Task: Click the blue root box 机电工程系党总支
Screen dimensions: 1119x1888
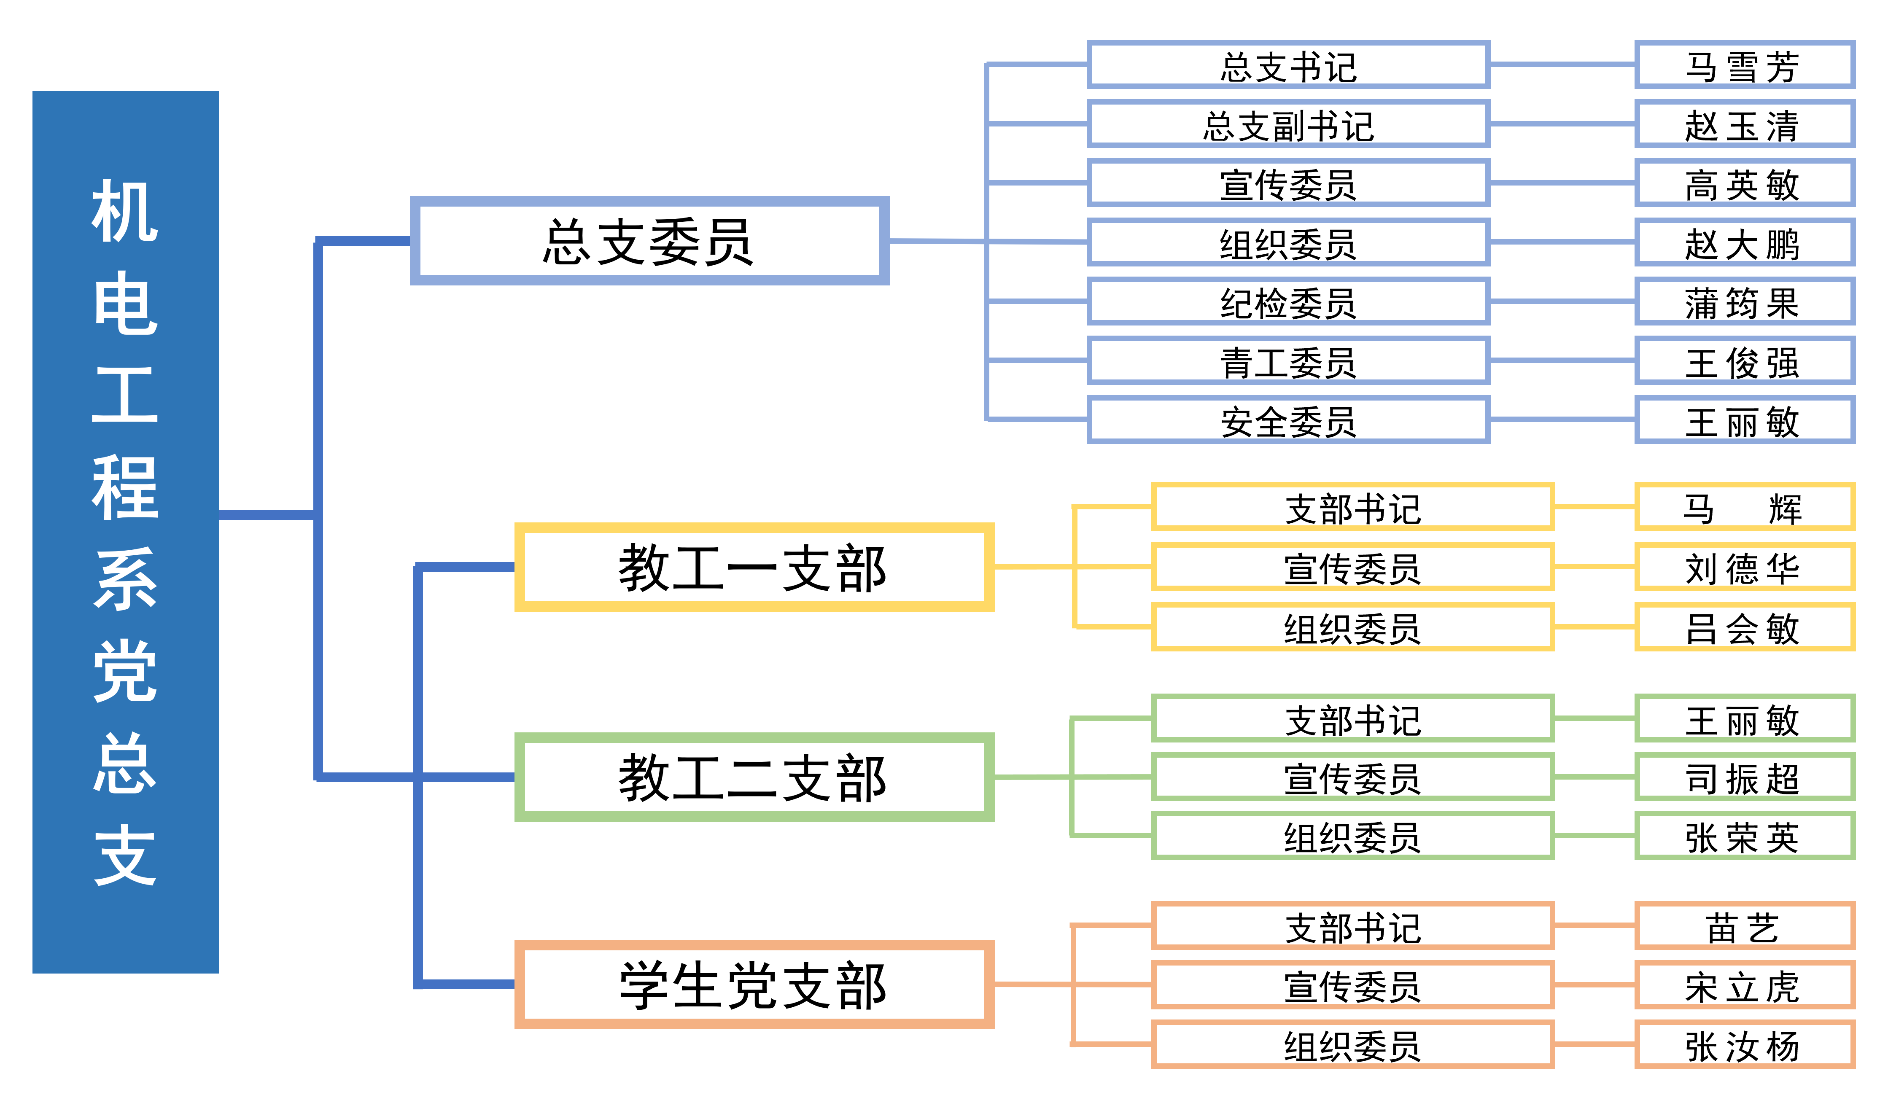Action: pos(125,532)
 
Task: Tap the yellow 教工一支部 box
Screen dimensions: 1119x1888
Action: pos(754,567)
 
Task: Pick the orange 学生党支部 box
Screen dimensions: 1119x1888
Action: pos(754,985)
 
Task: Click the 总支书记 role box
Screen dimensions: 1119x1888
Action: pos(1288,66)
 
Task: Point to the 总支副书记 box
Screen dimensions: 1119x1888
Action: pos(1288,124)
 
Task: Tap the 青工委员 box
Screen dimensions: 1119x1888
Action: pos(1288,361)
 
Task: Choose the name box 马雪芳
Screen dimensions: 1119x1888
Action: pos(1744,66)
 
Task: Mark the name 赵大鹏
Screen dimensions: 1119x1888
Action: pos(1744,243)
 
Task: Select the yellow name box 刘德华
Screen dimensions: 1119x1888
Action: pos(1744,567)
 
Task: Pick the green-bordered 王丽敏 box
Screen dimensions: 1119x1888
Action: pos(1744,718)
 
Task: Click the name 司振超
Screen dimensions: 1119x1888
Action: pos(1744,777)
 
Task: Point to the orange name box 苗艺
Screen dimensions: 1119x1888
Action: pos(1744,926)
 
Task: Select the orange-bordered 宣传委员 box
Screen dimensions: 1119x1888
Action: pos(1353,985)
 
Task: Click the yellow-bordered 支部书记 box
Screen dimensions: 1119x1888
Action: pos(1353,508)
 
